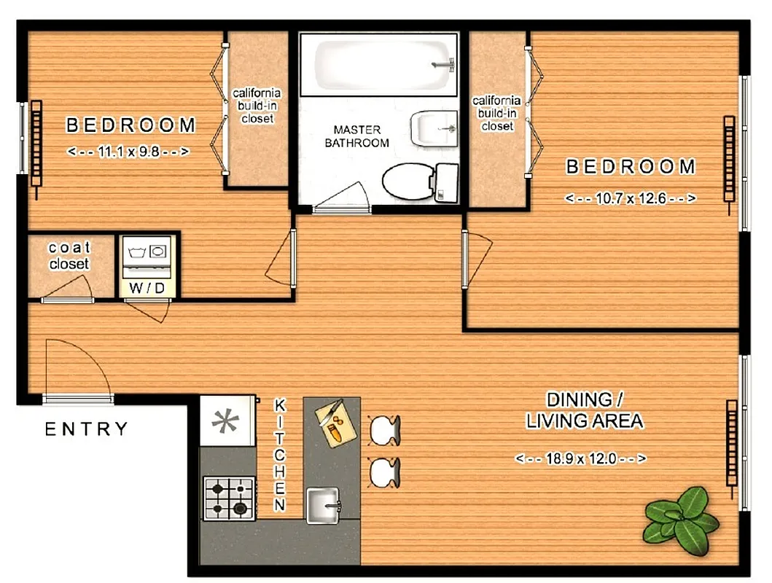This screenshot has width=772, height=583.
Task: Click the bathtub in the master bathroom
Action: pos(379,64)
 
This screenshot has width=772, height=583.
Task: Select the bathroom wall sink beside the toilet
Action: pos(433,129)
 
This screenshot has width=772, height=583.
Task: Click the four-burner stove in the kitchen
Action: pos(229,498)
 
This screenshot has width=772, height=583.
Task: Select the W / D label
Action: pos(148,288)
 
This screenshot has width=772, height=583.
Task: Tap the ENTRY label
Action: pos(87,429)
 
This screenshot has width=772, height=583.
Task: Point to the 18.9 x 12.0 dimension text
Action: pos(581,459)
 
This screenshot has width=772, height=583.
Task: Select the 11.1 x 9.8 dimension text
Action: pos(128,152)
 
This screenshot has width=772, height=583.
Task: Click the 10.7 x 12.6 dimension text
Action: pos(630,198)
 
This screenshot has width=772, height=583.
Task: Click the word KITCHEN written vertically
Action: pos(279,455)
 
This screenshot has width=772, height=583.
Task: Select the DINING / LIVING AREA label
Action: pos(585,410)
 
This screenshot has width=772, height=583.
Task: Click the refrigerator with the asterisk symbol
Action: pos(227,421)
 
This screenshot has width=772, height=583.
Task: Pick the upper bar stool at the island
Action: pos(384,429)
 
